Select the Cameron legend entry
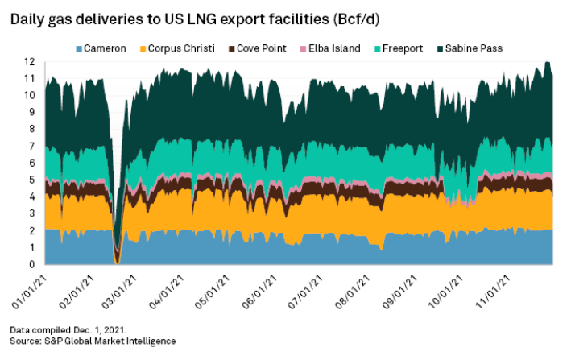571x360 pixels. tap(103, 49)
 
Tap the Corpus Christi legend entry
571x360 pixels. tap(178, 49)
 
